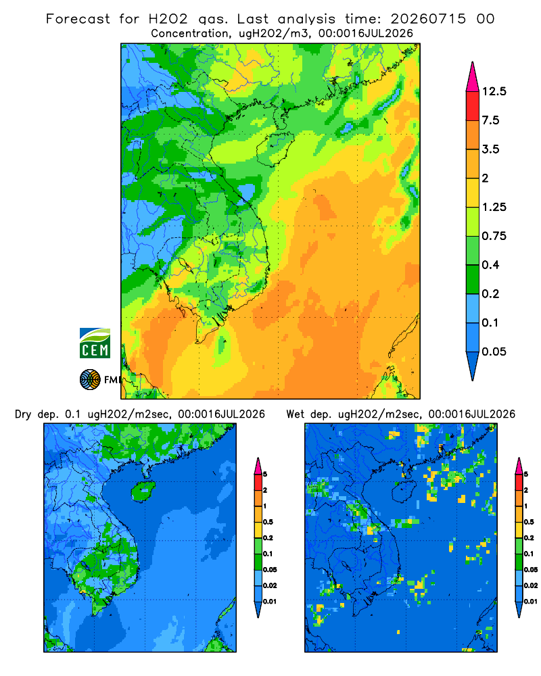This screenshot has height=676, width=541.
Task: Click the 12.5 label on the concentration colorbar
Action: click(494, 91)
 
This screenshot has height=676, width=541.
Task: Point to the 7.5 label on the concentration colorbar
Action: click(490, 120)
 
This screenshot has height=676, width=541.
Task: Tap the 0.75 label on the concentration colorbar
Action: click(494, 236)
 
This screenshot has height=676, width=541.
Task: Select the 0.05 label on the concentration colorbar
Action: click(494, 352)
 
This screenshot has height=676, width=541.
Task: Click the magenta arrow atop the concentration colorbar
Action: click(473, 78)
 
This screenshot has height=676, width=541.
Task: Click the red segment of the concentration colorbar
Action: click(473, 106)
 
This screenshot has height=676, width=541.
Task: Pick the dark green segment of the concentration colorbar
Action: click(473, 279)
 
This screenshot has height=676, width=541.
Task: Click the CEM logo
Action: click(95, 343)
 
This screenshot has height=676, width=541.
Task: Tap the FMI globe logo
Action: click(90, 379)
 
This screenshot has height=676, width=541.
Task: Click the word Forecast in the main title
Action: click(78, 19)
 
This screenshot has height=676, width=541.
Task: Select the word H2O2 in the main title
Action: click(168, 19)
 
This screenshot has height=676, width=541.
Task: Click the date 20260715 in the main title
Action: click(428, 19)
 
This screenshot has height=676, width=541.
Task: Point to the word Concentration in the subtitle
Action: click(190, 33)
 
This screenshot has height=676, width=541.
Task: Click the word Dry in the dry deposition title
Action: click(23, 414)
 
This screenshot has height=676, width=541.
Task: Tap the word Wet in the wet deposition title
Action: click(296, 414)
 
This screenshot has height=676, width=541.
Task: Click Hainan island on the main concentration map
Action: click(275, 149)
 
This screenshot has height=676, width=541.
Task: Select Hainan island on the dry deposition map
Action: click(143, 491)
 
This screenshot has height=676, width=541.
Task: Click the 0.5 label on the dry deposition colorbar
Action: click(268, 522)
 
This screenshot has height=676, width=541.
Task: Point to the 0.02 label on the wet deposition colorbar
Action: click(531, 585)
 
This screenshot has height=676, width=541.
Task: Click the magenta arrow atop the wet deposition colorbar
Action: click(519, 466)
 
